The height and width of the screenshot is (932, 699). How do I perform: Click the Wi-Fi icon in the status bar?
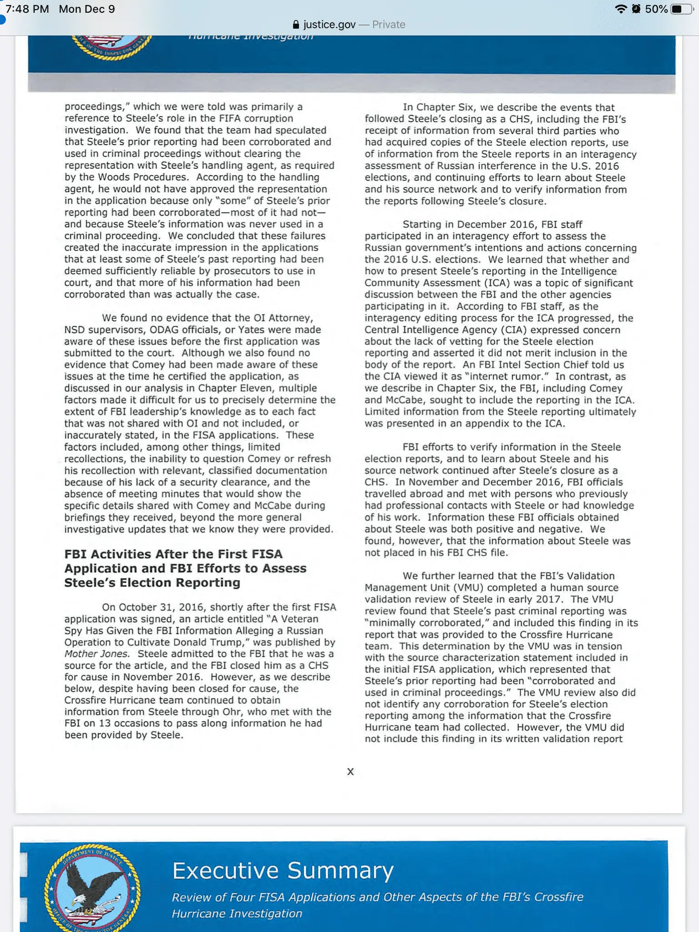point(620,9)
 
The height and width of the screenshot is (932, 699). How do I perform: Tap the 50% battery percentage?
point(656,9)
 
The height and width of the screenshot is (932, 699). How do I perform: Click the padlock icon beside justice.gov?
point(296,25)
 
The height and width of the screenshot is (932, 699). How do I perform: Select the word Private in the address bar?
point(389,25)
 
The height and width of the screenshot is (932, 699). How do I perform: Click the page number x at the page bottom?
point(350,771)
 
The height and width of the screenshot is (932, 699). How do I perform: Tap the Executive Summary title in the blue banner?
point(283,871)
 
